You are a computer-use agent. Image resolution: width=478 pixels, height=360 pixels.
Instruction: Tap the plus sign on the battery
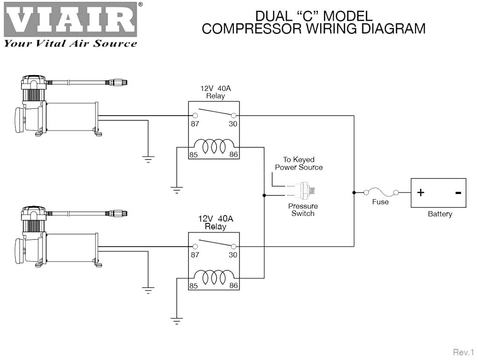click(421, 193)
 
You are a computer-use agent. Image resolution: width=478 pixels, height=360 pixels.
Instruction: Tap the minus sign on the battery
click(458, 193)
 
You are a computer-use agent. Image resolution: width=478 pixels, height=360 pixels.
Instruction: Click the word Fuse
click(380, 202)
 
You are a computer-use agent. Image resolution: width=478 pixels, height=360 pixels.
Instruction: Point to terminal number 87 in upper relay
click(195, 124)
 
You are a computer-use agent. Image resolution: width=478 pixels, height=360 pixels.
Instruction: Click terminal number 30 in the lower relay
click(233, 255)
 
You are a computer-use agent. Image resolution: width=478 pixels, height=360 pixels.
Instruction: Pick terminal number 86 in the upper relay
click(233, 154)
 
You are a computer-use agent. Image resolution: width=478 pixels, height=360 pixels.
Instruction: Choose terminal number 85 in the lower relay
click(193, 286)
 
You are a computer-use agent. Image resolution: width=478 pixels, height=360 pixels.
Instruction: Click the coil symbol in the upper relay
click(214, 146)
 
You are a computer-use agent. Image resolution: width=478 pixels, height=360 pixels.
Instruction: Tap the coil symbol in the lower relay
click(214, 277)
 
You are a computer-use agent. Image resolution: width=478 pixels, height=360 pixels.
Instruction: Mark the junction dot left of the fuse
click(354, 193)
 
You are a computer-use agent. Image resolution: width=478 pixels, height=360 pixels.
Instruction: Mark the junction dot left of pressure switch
click(264, 195)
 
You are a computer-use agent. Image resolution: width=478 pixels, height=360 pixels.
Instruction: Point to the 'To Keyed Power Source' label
click(299, 164)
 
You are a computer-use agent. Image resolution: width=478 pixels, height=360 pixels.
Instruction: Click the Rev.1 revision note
click(464, 353)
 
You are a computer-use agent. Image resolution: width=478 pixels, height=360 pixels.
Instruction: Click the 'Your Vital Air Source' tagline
click(70, 43)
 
